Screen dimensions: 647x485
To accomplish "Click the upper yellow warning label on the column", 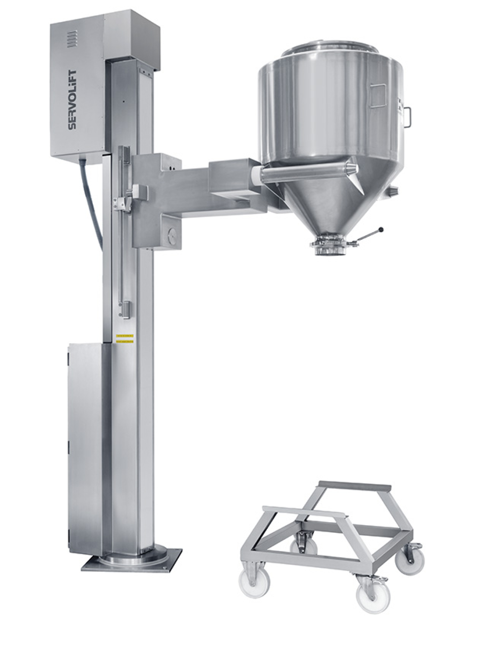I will pyautogui.click(x=125, y=336).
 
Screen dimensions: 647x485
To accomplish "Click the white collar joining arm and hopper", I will pyautogui.click(x=257, y=175).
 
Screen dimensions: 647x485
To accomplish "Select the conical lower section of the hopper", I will pyautogui.click(x=328, y=204).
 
